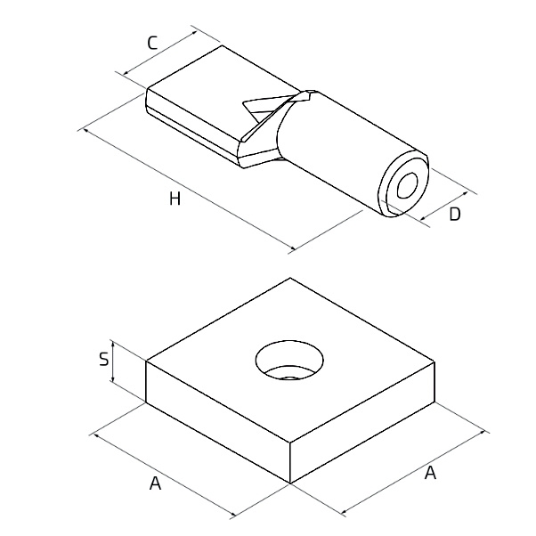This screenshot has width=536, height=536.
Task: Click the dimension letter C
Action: (x=152, y=43)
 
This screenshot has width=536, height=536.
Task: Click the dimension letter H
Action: (x=175, y=199)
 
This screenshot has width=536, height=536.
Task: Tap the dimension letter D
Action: (x=455, y=215)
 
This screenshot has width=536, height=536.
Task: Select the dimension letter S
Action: (x=103, y=360)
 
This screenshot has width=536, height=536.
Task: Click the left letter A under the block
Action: (x=155, y=483)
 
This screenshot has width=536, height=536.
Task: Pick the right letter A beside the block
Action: (x=430, y=473)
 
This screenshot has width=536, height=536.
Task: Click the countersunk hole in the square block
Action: (x=289, y=360)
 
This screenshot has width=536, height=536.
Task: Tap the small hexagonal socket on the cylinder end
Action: (x=408, y=185)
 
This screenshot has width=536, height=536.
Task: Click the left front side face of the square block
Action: (x=218, y=422)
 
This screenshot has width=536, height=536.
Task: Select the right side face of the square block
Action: (x=362, y=422)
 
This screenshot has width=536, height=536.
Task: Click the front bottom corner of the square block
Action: (x=290, y=483)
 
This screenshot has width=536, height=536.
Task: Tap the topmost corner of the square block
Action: (x=290, y=278)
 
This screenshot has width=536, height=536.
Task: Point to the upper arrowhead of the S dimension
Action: (x=112, y=343)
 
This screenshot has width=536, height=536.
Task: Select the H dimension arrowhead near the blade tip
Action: (x=85, y=131)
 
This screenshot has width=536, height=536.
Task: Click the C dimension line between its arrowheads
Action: (x=160, y=53)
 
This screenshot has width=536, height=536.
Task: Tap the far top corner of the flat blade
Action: (x=223, y=45)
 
